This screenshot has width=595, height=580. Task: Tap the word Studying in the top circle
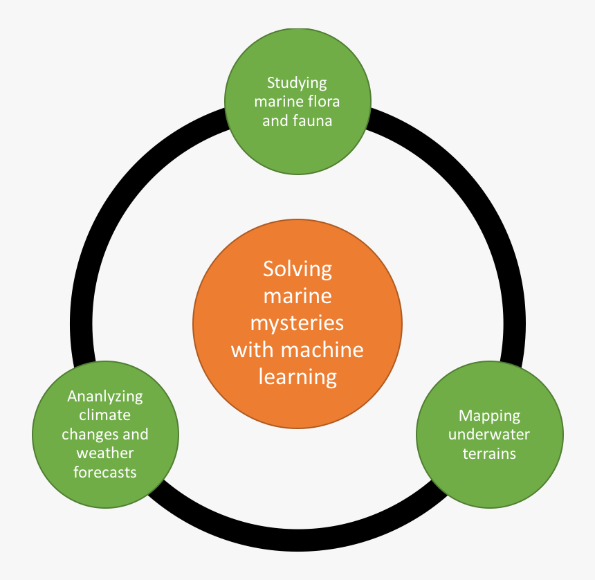click(297, 83)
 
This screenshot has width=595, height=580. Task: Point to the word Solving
click(297, 269)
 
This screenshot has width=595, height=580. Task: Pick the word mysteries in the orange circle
click(297, 323)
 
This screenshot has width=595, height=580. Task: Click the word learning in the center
click(297, 378)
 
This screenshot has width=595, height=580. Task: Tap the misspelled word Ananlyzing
click(105, 397)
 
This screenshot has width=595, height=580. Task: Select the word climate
click(105, 415)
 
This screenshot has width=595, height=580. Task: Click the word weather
click(105, 453)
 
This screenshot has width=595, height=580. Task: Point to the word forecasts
click(105, 472)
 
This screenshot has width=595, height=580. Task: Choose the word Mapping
click(489, 416)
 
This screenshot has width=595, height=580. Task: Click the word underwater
click(489, 435)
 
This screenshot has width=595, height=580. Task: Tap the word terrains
click(489, 454)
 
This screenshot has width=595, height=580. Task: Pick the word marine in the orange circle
click(297, 296)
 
